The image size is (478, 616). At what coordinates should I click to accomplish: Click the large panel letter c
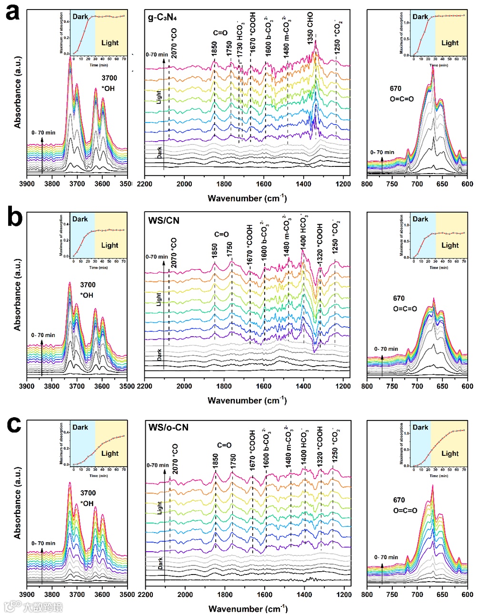[13, 424]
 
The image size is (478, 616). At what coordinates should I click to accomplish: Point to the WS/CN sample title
[164, 221]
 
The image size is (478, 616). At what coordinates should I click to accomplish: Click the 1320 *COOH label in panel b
[320, 241]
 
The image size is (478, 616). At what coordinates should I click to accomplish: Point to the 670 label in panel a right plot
[395, 88]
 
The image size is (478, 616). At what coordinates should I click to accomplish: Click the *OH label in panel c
[87, 503]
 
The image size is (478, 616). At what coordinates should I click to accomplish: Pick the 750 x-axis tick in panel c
[392, 595]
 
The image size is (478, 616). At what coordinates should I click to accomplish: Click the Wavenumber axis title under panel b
[247, 400]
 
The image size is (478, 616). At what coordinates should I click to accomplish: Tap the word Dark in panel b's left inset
[80, 219]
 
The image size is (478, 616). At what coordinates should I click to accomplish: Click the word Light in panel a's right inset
[449, 42]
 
